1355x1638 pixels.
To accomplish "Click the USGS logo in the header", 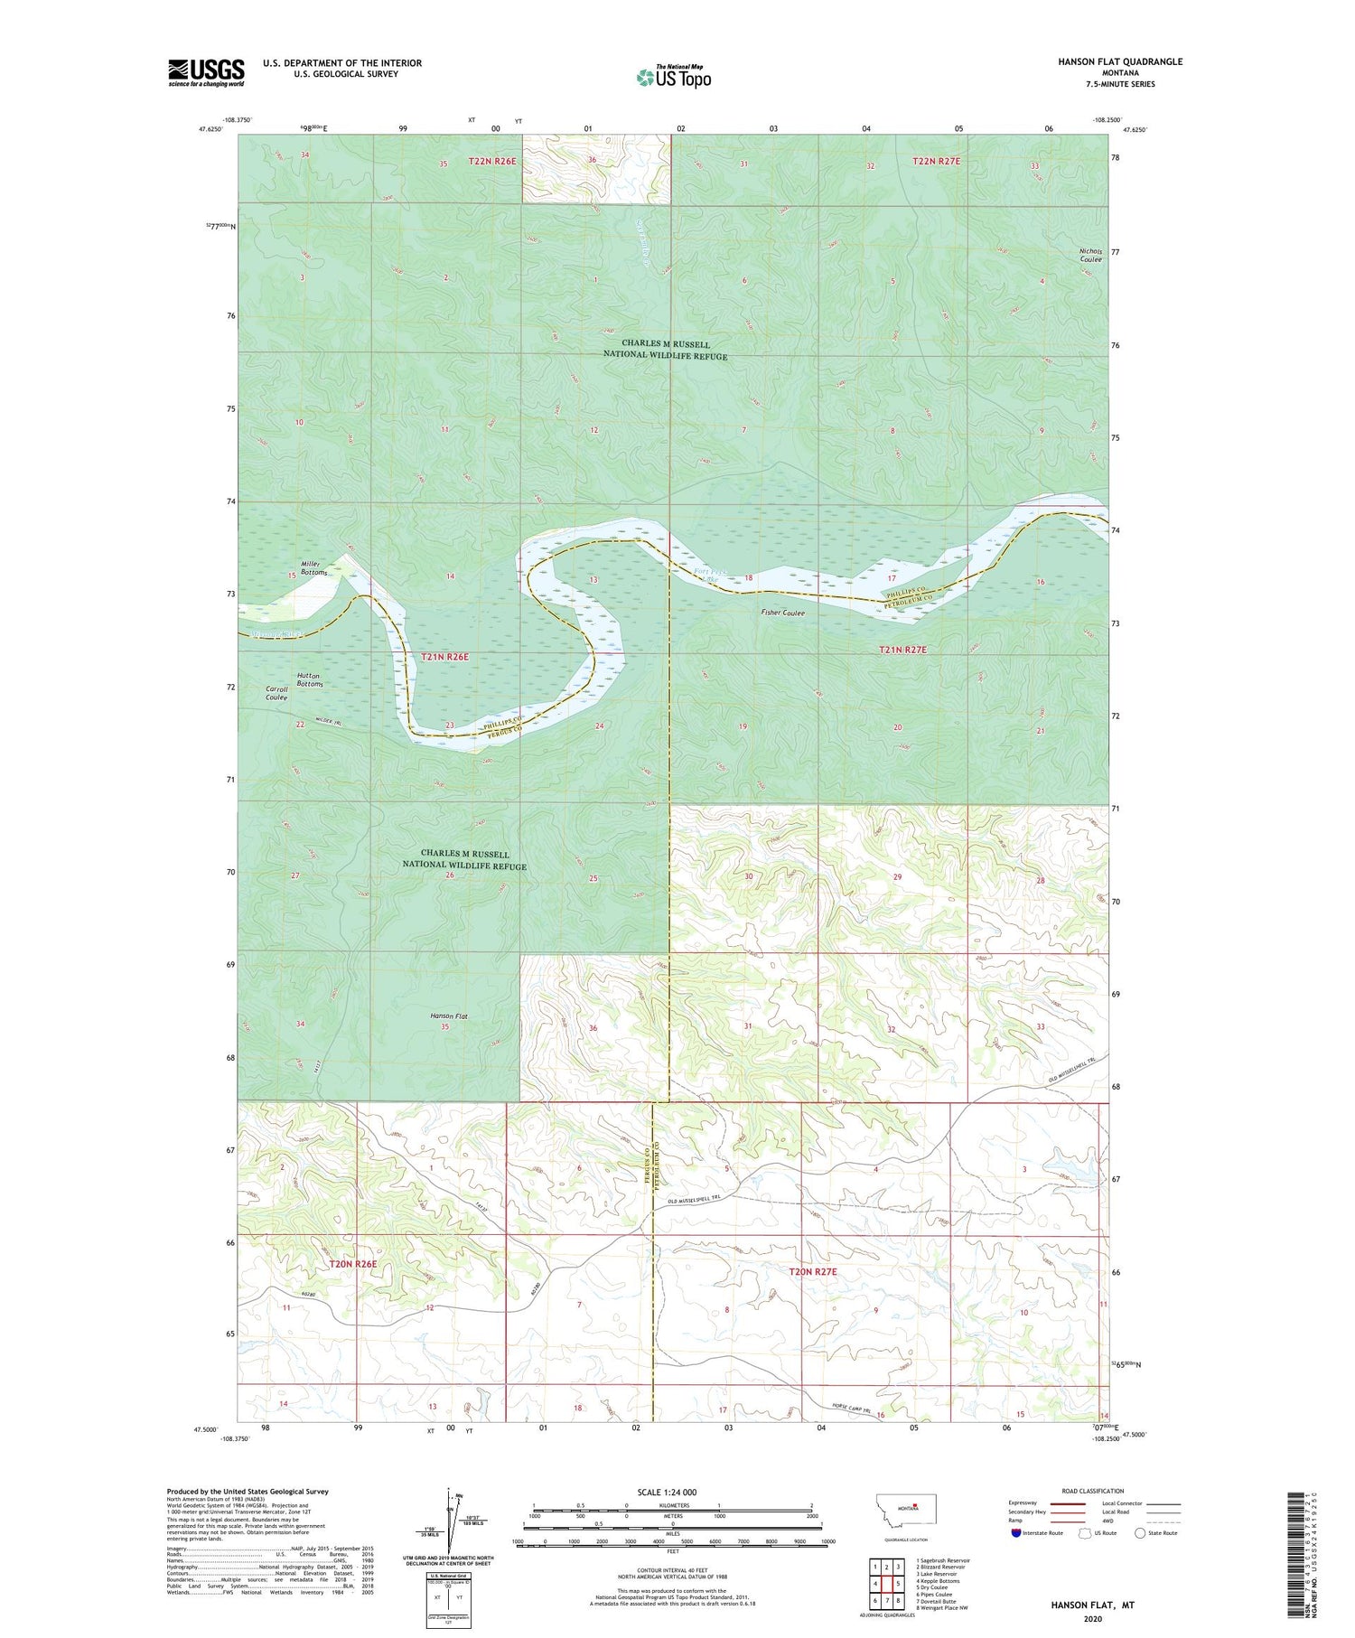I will click(x=206, y=72).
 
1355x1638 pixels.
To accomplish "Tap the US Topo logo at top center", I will click(x=673, y=78).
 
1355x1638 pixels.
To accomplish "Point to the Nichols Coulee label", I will click(x=1090, y=256).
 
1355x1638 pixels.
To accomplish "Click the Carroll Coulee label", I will click(x=276, y=694).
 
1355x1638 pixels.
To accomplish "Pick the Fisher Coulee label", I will click(x=782, y=613).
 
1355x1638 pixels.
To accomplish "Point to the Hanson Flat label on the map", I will click(x=449, y=1016).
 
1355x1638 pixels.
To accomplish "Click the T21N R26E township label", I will click(x=444, y=657).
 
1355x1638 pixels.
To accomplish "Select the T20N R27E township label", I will click(x=813, y=1271).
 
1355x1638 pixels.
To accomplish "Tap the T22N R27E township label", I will click(x=936, y=161).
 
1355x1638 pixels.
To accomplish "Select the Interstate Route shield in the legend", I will click(x=1016, y=1533).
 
